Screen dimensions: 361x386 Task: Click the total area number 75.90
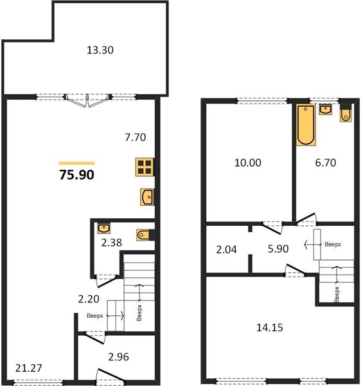pos(76,175)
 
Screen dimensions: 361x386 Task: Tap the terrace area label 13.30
pos(100,50)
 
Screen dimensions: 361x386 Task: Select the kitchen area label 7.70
pos(136,137)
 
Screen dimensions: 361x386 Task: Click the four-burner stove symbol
pos(145,167)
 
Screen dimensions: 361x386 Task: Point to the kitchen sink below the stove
pos(147,197)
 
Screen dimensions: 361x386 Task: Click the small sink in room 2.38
pos(103,228)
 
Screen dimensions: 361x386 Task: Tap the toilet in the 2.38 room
pos(144,235)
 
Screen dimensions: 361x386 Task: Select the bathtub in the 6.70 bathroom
pos(306,125)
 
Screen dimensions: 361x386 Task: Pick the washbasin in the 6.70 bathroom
pos(326,109)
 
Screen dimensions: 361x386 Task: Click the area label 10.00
pos(248,163)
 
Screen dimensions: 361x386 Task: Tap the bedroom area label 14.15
pos(270,327)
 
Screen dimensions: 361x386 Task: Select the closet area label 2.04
pos(226,250)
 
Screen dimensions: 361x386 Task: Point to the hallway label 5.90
pos(278,249)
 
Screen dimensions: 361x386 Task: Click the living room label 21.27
pos(28,368)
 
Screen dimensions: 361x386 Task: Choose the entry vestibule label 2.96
pos(118,357)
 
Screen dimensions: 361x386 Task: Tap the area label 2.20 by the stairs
pos(89,299)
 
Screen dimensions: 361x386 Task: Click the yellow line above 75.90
pos(76,163)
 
